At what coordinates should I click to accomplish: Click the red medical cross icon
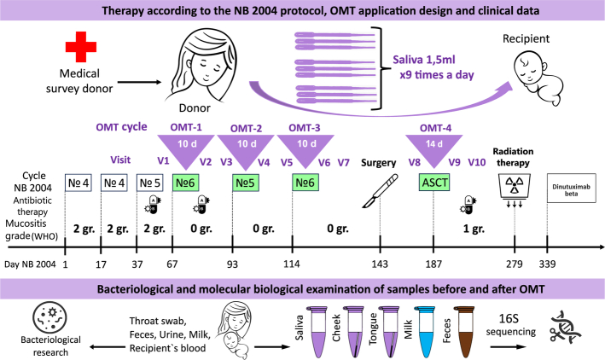(81, 47)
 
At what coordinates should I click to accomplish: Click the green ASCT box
(434, 183)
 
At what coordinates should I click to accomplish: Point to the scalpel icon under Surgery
(380, 191)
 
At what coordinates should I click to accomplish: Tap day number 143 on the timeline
(380, 264)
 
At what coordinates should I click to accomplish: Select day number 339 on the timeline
(547, 264)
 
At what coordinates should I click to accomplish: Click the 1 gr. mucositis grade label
(474, 229)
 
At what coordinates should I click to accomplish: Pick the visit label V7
(343, 162)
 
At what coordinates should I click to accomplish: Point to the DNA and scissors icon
(566, 328)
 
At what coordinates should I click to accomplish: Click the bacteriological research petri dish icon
(49, 318)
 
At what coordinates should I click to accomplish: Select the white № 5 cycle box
(149, 183)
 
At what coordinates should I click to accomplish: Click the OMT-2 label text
(246, 128)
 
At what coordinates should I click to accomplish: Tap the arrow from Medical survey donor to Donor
(139, 82)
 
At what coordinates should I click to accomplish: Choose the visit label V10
(477, 162)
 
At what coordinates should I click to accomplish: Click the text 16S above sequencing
(509, 319)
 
